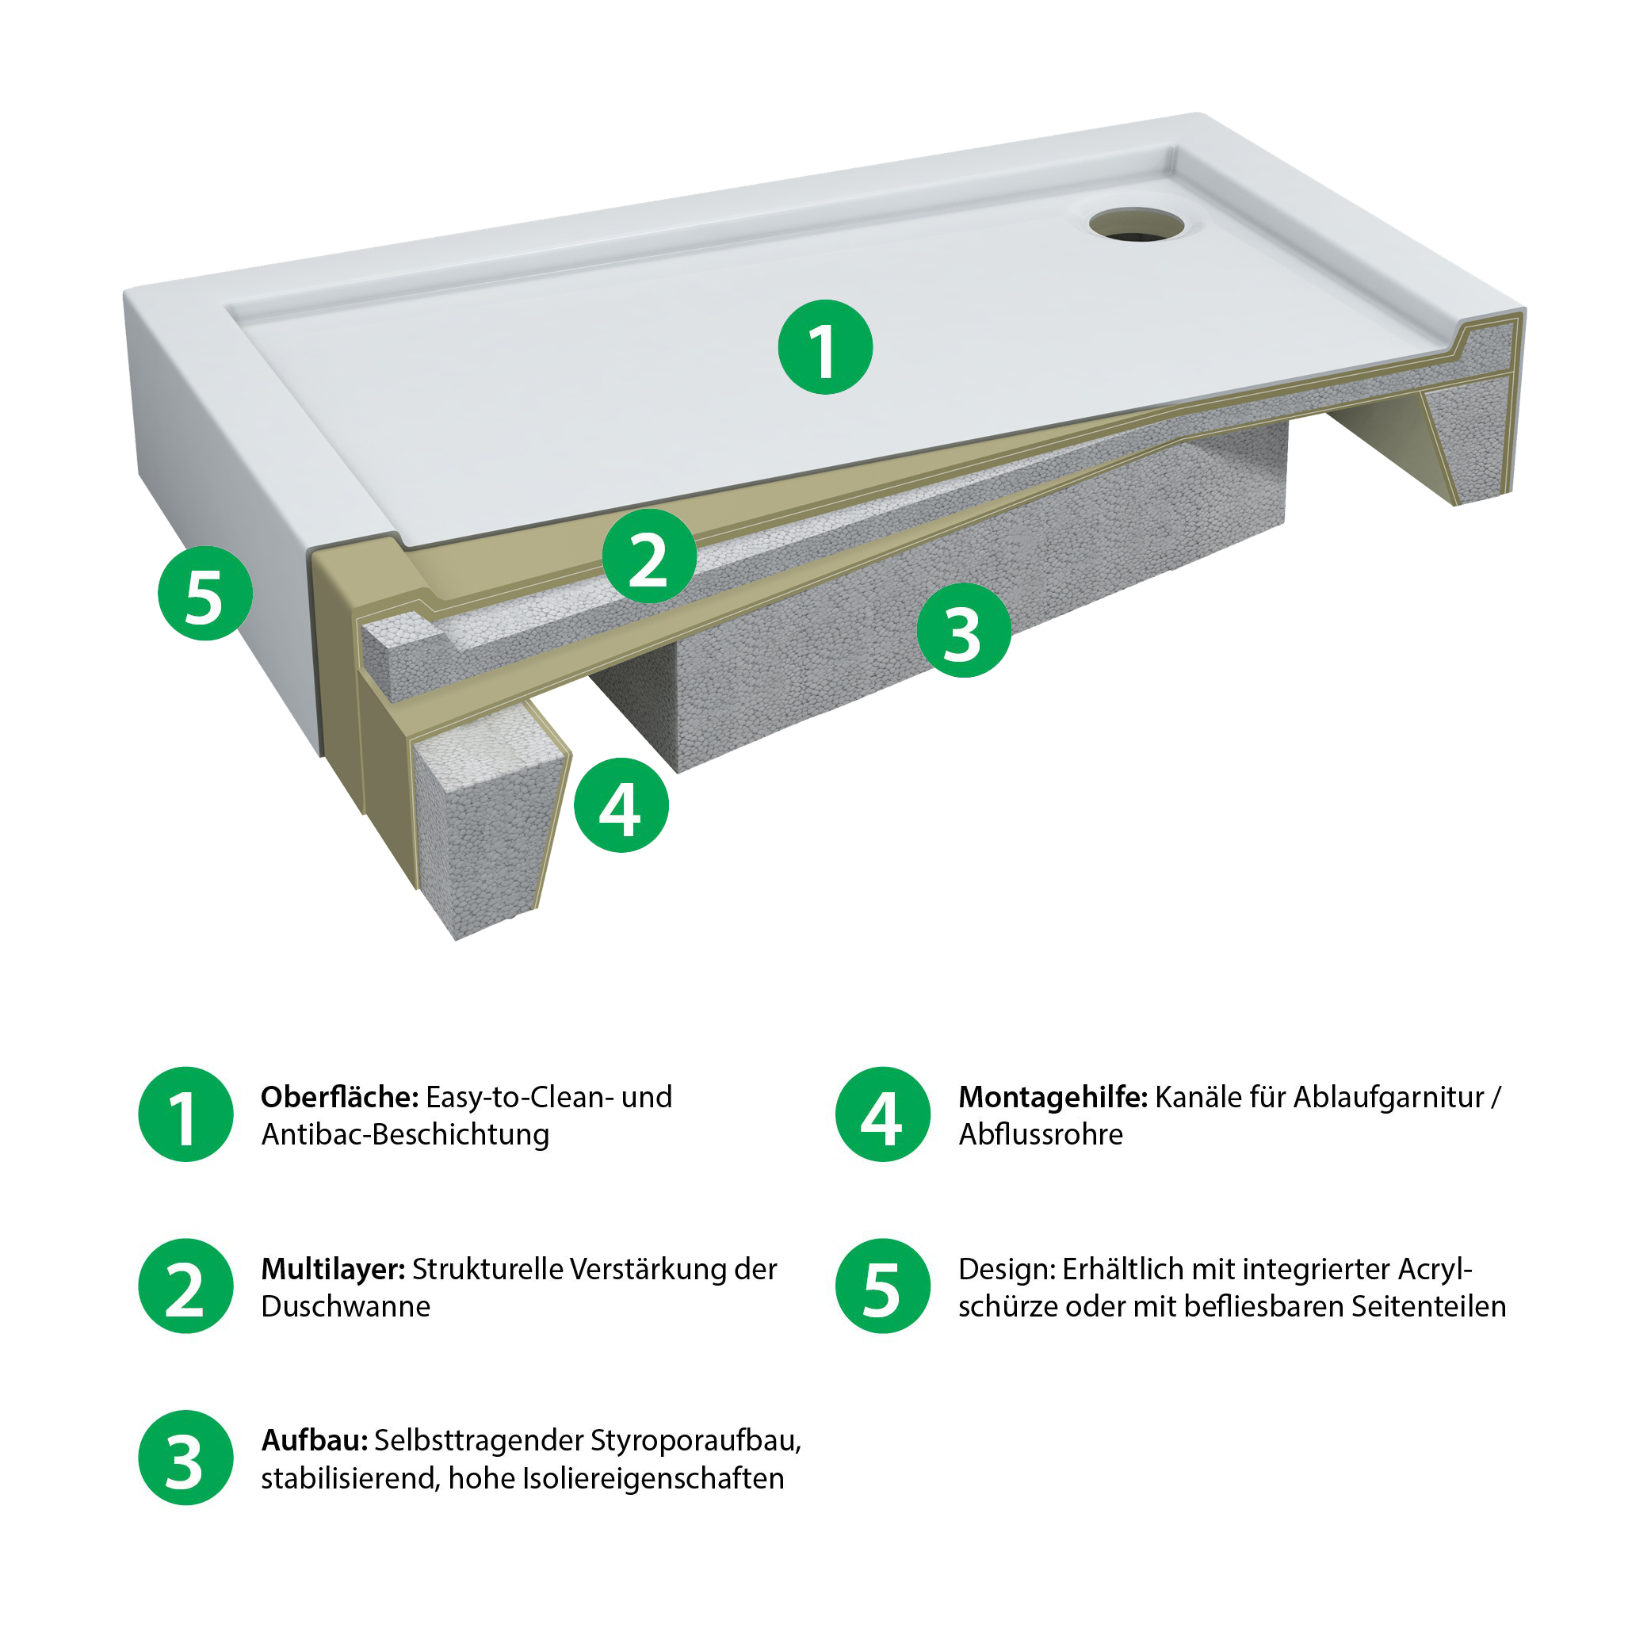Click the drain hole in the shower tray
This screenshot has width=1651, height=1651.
click(1137, 224)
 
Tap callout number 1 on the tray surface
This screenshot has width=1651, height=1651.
click(826, 347)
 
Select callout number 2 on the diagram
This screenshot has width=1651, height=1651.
click(649, 556)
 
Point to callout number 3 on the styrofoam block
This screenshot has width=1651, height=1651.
click(964, 631)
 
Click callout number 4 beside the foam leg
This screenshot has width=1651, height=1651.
click(621, 805)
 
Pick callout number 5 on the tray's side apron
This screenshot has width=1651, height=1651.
click(205, 593)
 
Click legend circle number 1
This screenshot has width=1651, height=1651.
click(185, 1114)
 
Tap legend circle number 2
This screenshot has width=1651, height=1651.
click(185, 1286)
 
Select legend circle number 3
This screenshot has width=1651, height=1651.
click(185, 1458)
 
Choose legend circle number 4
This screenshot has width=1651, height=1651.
click(883, 1114)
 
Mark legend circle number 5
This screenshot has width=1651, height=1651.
click(883, 1286)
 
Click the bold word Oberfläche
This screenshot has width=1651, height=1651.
click(339, 1096)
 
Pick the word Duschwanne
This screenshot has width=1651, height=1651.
click(346, 1307)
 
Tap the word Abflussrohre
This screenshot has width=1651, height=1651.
click(1041, 1134)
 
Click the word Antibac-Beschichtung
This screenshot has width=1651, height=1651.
click(405, 1136)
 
